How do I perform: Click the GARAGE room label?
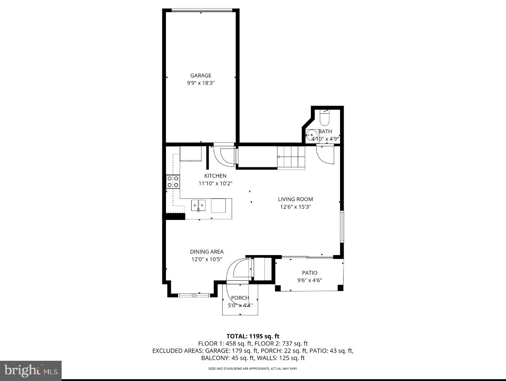(x=201, y=76)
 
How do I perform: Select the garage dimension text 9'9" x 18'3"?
(x=201, y=83)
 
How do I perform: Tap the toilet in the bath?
(x=324, y=119)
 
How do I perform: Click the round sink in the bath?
(x=310, y=134)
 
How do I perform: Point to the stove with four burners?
(x=173, y=182)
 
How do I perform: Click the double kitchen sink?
(x=198, y=206)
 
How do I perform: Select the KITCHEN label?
(x=215, y=176)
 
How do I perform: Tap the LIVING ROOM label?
(x=295, y=199)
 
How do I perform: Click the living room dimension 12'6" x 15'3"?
(x=295, y=207)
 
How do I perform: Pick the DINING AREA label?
(x=206, y=252)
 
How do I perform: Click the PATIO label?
(x=309, y=273)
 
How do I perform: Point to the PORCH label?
(x=240, y=298)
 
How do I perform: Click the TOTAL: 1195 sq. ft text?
(x=252, y=336)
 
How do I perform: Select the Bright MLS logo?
(x=31, y=371)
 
